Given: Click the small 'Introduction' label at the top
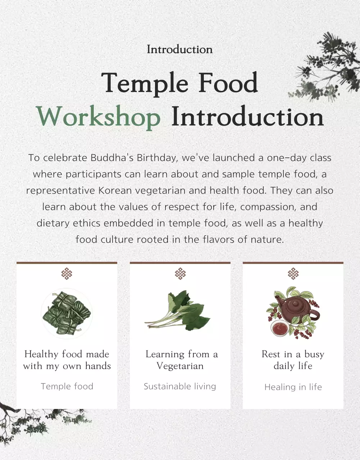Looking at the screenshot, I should [x=179, y=49].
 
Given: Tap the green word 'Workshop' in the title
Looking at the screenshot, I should [x=98, y=117].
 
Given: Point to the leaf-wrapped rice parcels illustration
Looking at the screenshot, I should [x=67, y=313].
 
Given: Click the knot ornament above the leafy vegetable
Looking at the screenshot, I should [x=180, y=274].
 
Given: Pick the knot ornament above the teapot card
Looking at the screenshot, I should [x=293, y=274].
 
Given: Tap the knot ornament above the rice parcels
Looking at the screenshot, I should [x=67, y=274].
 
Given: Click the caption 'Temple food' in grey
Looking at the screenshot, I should [x=67, y=386].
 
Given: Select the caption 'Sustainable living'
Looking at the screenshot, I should [x=180, y=386].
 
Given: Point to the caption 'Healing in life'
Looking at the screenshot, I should [x=293, y=387].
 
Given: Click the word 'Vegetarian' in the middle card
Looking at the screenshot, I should [x=180, y=366].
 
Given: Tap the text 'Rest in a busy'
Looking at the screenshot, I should [x=293, y=354].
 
